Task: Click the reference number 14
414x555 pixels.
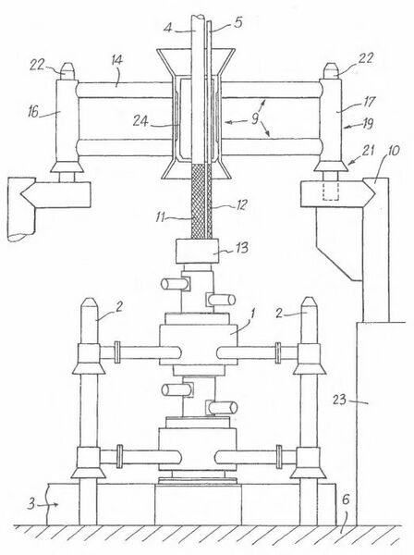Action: [116, 60]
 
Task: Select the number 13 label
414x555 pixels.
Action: [241, 248]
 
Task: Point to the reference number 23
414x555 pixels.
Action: [339, 400]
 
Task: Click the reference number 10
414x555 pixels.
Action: [393, 151]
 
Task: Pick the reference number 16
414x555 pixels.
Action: [34, 112]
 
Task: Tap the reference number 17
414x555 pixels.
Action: [368, 102]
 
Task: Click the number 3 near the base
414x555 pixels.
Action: [31, 504]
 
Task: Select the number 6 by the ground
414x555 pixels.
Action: [346, 500]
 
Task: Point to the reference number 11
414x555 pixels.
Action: [161, 216]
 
